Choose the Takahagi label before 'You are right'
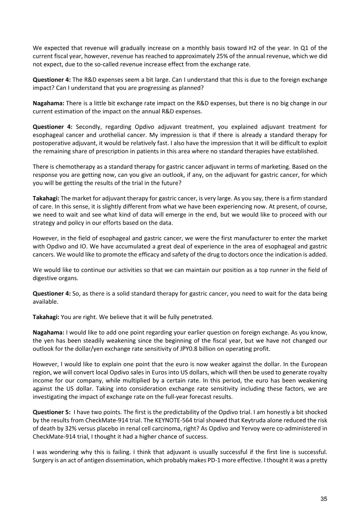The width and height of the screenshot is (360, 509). click(x=46, y=317)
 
